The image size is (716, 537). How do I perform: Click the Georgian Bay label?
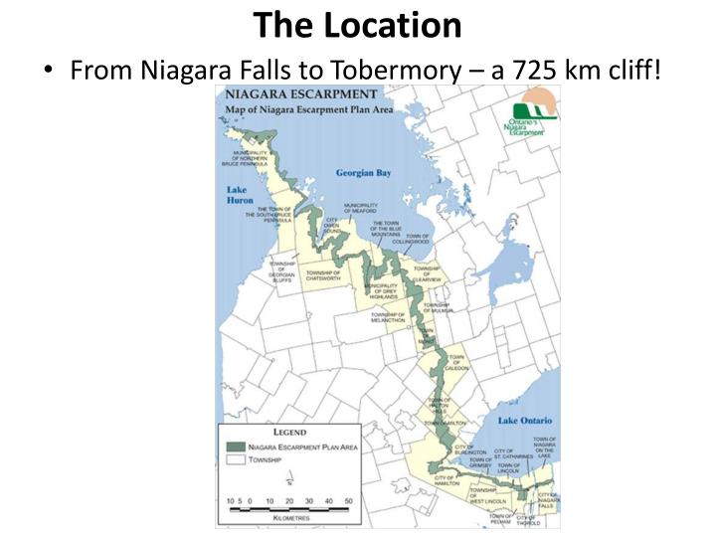click(x=363, y=172)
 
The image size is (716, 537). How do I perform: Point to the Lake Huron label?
click(x=240, y=194)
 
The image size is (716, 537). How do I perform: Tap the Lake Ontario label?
click(x=524, y=422)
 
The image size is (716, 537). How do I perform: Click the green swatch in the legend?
click(x=236, y=447)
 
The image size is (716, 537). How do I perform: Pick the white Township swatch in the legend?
click(x=236, y=461)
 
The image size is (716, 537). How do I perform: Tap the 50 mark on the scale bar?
click(x=348, y=500)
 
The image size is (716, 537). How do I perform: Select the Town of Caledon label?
click(x=456, y=362)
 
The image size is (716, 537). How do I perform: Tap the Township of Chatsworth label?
click(x=323, y=275)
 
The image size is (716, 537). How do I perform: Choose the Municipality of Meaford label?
click(x=360, y=208)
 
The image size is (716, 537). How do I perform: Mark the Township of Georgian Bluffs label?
click(x=282, y=272)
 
